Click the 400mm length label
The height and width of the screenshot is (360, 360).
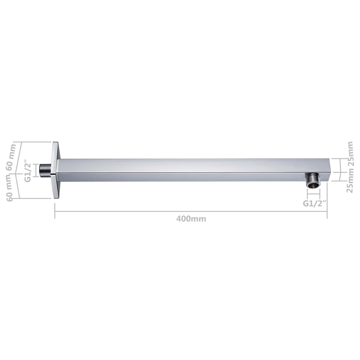[191, 219]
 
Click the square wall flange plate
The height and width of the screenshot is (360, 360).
[56, 170]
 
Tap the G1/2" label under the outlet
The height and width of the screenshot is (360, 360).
[315, 203]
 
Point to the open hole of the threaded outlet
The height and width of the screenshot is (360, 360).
[313, 187]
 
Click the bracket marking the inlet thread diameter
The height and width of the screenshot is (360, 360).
[34, 170]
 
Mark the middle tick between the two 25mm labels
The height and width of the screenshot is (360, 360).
[340, 172]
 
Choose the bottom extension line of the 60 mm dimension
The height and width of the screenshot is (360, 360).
[35, 198]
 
